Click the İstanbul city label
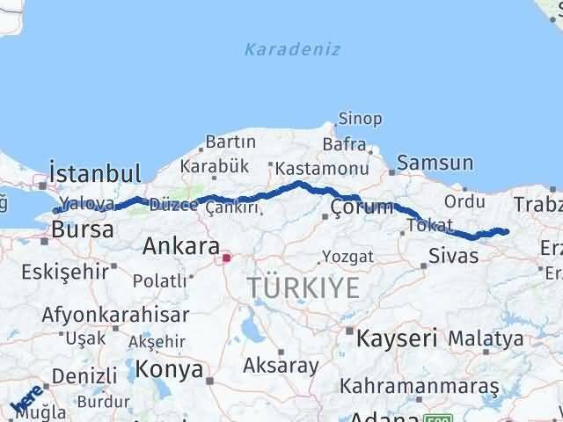click(x=96, y=171)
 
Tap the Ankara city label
click(x=180, y=244)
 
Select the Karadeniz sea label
click(x=292, y=49)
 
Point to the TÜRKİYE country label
click(x=303, y=287)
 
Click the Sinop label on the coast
click(x=360, y=119)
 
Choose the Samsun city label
click(x=435, y=163)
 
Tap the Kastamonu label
click(x=309, y=167)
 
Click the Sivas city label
click(x=454, y=256)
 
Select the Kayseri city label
click(x=392, y=337)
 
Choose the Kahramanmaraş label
click(x=420, y=386)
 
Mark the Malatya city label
click(x=485, y=338)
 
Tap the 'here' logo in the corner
click(x=23, y=403)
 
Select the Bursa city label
click(x=82, y=230)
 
